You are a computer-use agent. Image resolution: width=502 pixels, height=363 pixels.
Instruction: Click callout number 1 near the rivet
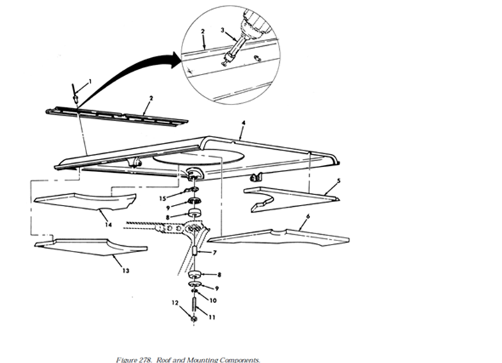[91, 82]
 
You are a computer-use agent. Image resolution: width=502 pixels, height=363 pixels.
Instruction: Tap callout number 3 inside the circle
[223, 30]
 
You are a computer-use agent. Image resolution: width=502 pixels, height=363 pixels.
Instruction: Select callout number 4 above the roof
[244, 123]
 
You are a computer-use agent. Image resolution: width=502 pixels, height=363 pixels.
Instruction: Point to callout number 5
[338, 181]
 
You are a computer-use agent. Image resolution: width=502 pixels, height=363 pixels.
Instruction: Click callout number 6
[308, 217]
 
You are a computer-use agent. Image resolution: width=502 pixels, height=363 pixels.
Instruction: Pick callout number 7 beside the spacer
[214, 253]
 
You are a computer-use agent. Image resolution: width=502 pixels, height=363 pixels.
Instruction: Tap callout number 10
[213, 300]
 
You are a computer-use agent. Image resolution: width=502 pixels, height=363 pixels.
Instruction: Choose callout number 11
[212, 317]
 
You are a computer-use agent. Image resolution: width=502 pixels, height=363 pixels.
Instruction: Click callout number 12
[175, 302]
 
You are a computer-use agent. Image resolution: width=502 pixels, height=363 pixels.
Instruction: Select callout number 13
[126, 271]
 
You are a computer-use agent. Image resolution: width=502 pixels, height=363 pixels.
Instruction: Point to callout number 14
[109, 224]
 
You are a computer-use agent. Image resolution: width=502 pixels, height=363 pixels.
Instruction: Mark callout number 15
[163, 199]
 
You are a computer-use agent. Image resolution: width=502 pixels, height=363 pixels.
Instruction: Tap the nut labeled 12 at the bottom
[194, 319]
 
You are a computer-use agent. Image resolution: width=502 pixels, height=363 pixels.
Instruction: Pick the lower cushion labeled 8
[194, 275]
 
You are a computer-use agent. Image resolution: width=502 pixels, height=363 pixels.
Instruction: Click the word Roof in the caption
[164, 360]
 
